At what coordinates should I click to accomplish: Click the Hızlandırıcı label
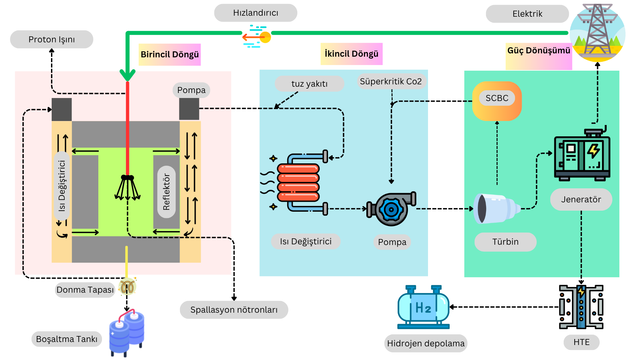click(x=255, y=13)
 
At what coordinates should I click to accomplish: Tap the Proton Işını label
click(x=52, y=39)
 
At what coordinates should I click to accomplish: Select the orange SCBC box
click(x=497, y=101)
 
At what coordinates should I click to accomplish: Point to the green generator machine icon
click(x=582, y=155)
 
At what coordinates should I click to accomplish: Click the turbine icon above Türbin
click(x=495, y=209)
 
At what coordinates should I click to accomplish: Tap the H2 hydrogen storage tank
click(x=423, y=307)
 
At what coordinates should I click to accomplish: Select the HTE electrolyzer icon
click(x=581, y=307)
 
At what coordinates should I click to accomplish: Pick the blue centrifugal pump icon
click(x=391, y=209)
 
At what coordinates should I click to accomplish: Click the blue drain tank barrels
click(x=127, y=332)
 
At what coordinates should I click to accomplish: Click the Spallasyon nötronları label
click(x=234, y=310)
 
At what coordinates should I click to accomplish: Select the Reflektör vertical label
click(x=166, y=192)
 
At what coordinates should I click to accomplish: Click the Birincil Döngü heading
click(x=169, y=54)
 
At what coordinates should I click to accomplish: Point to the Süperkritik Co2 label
click(x=391, y=81)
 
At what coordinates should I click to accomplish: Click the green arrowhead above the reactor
click(x=127, y=75)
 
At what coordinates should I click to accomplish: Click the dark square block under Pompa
click(x=189, y=109)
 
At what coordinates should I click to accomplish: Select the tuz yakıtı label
click(x=309, y=84)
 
